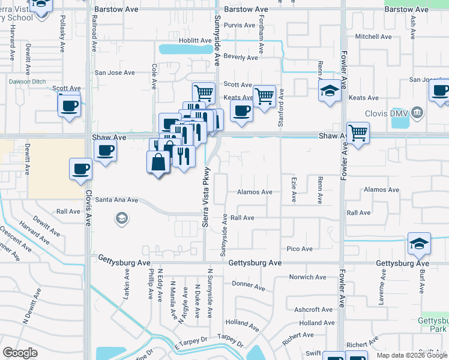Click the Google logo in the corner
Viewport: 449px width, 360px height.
click(x=20, y=353)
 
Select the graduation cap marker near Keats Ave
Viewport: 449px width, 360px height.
click(x=329, y=91)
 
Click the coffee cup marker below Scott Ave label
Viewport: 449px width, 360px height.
click(x=69, y=106)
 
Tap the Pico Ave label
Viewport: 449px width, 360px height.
click(x=300, y=249)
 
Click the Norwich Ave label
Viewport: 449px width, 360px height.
click(x=307, y=277)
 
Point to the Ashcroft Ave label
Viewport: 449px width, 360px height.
click(x=310, y=310)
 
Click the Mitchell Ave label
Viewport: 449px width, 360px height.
click(x=373, y=37)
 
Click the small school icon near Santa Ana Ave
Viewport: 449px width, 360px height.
click(x=122, y=218)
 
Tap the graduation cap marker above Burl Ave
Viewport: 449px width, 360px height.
click(x=419, y=243)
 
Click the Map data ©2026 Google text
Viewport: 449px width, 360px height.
click(x=411, y=355)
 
